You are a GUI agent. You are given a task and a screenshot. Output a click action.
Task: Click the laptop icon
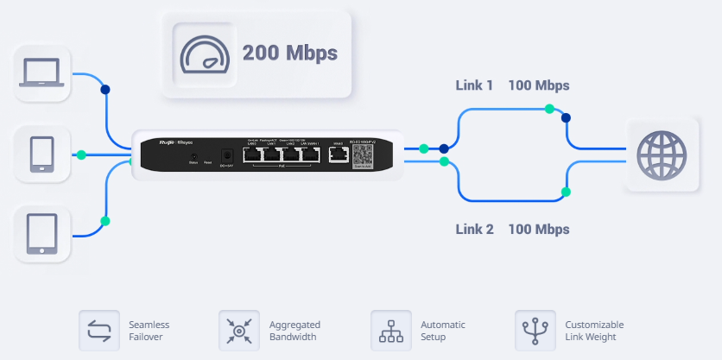[41, 73]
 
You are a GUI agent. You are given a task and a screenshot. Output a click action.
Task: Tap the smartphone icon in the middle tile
[41, 155]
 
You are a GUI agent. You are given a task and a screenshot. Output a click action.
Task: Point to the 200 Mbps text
[290, 53]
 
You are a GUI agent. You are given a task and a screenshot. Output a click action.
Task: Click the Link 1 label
[474, 85]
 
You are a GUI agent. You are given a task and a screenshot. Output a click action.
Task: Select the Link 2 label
[474, 230]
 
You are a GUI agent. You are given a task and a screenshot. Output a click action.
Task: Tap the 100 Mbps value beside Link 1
[538, 85]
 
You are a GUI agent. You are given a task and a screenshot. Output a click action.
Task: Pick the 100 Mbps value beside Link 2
[538, 230]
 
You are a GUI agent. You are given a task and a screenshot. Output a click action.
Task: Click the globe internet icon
[662, 155]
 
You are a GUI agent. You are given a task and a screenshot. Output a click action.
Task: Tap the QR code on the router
[364, 155]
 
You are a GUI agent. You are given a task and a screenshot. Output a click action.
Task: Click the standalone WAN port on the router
[338, 155]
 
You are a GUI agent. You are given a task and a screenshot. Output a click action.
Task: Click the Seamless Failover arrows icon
[99, 330]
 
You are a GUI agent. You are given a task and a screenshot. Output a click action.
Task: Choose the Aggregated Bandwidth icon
[239, 330]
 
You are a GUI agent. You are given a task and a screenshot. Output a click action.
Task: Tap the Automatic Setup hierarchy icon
[391, 330]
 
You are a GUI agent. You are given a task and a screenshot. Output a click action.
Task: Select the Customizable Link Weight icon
[535, 330]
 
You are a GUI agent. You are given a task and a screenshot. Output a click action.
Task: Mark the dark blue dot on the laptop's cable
[105, 89]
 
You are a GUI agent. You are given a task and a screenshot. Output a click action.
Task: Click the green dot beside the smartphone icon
[80, 155]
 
